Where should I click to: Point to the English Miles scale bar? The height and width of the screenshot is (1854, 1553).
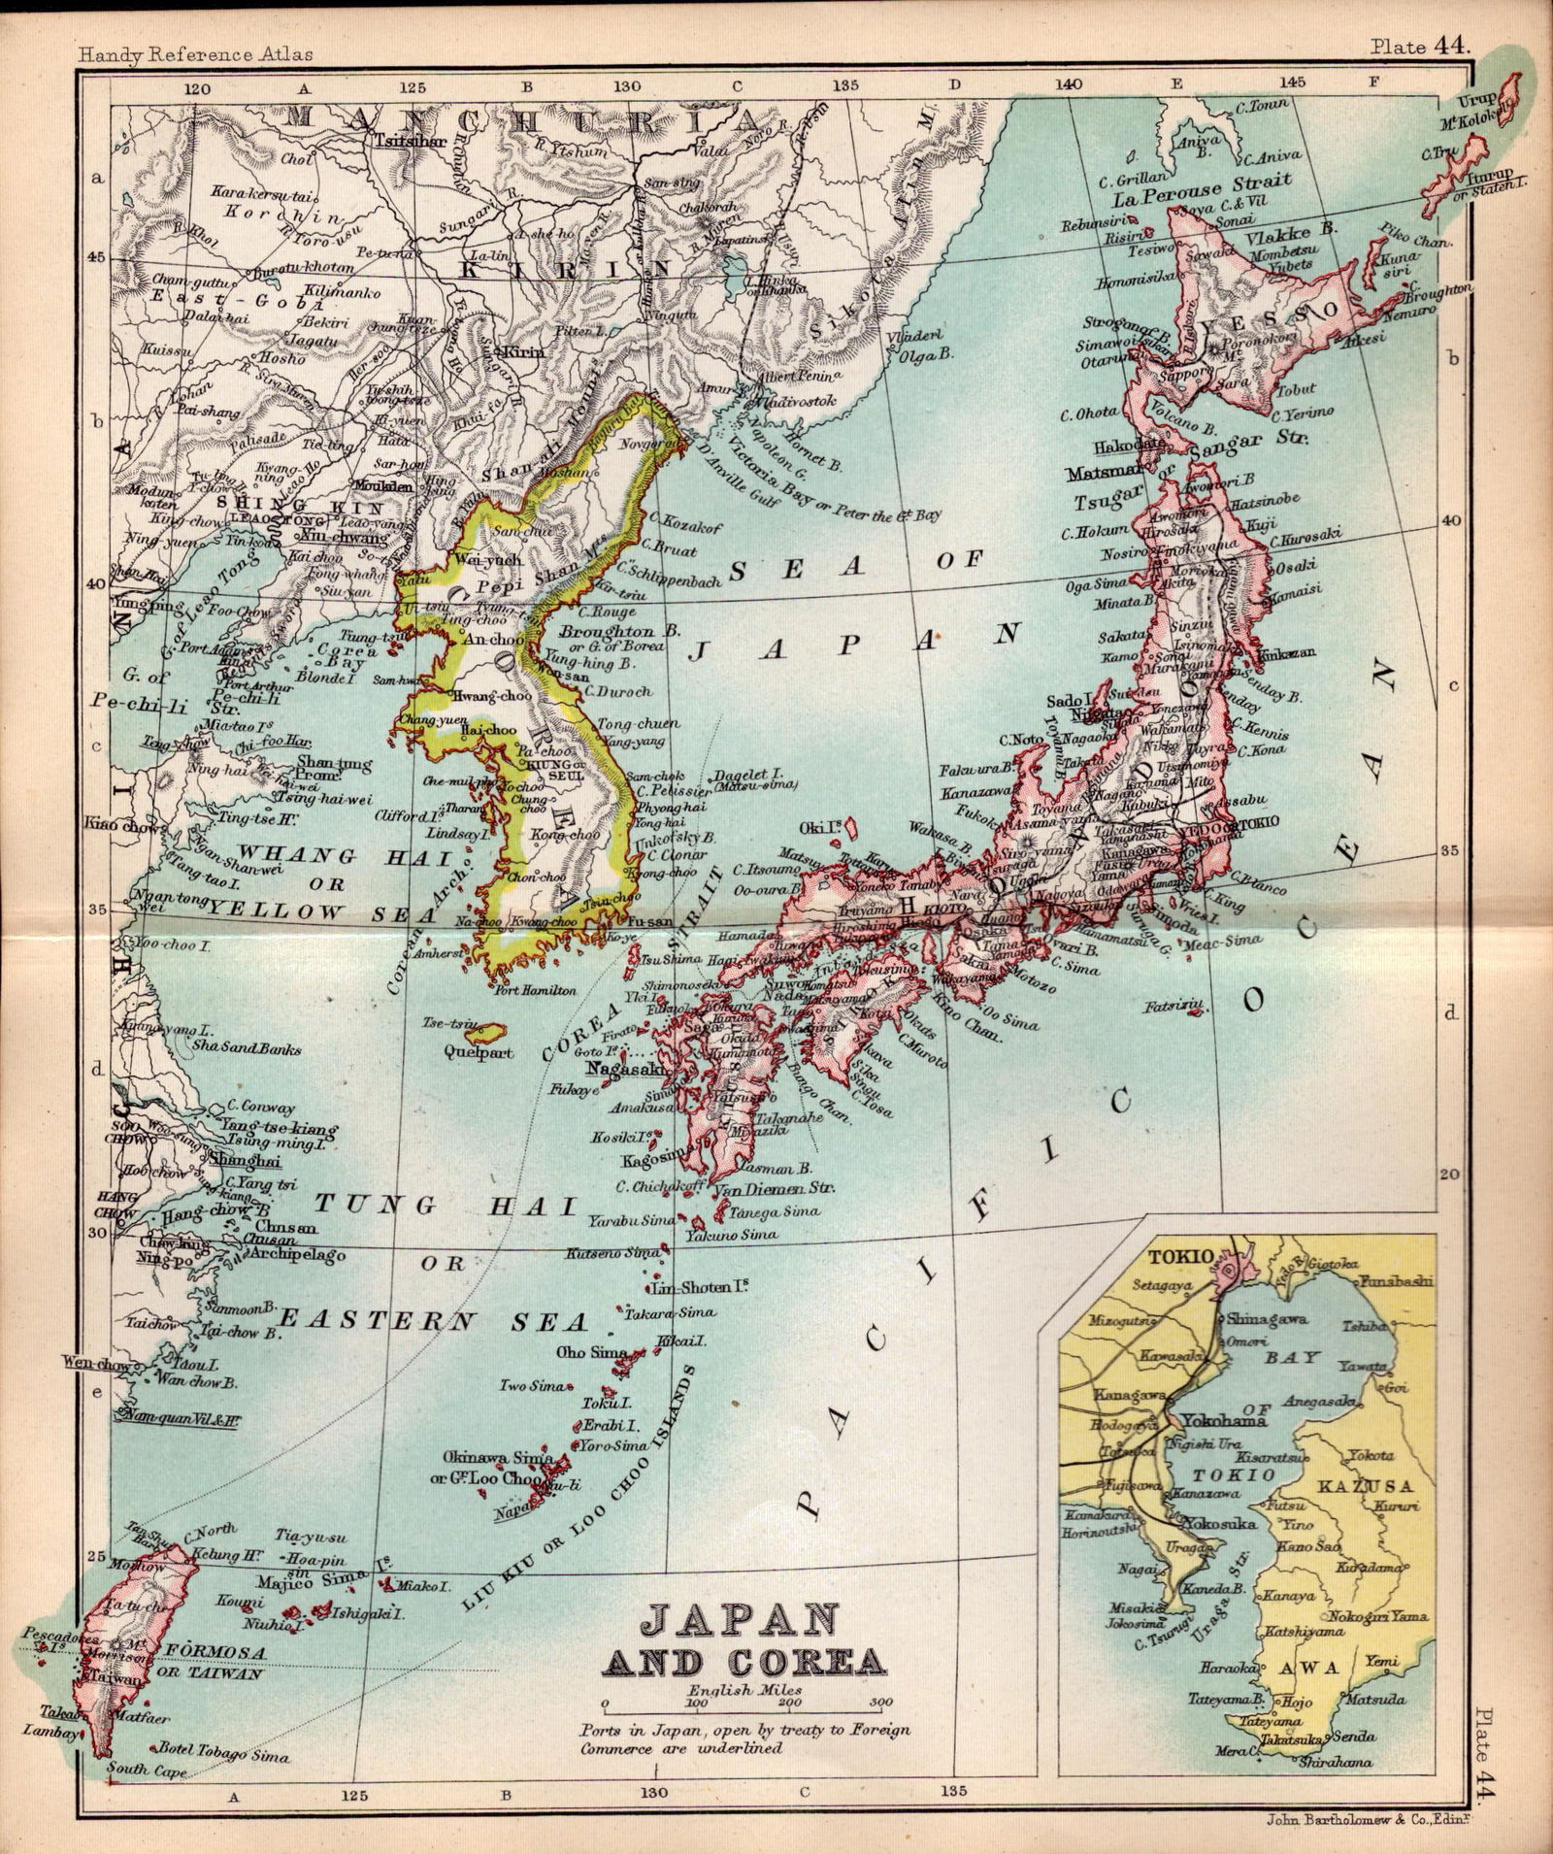pos(743,1704)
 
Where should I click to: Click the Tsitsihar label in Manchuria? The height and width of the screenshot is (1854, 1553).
pos(418,139)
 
